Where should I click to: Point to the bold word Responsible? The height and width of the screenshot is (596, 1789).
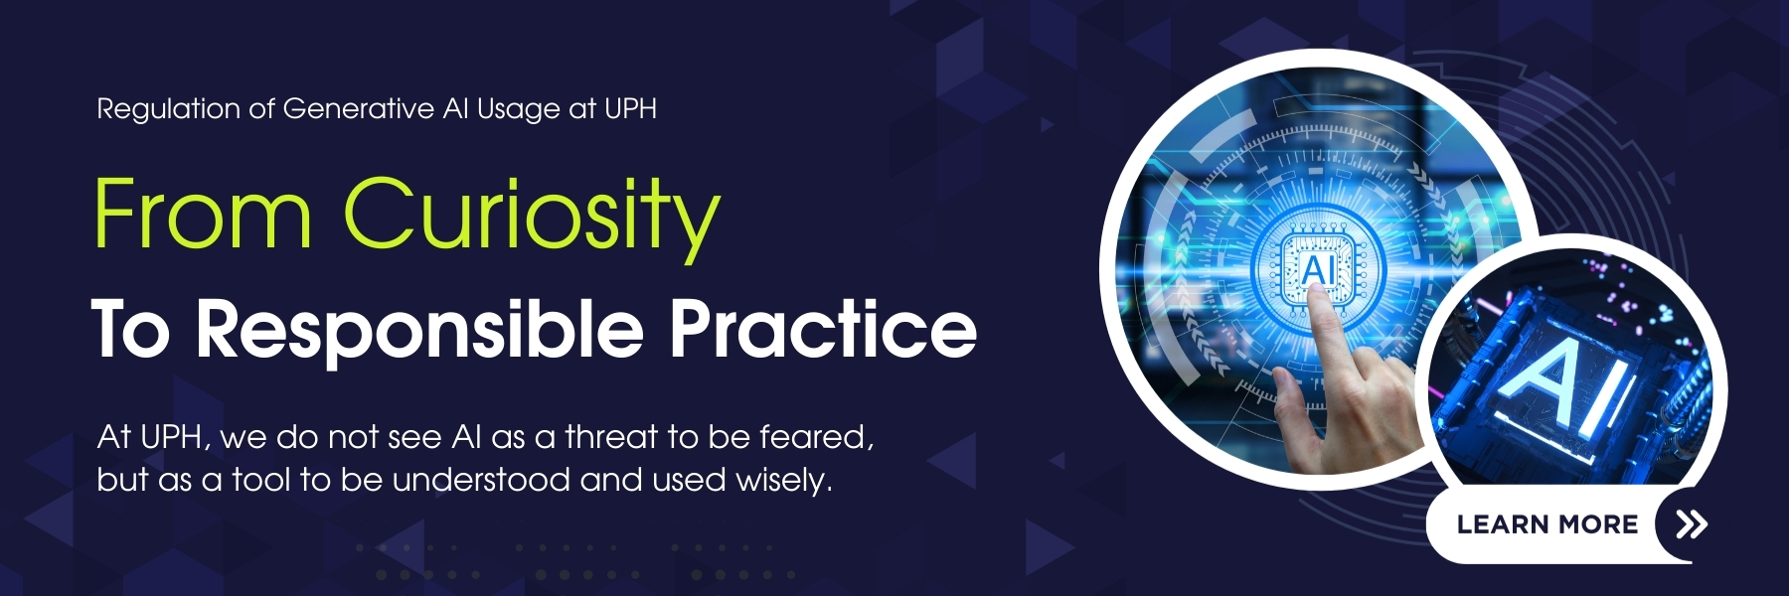pyautogui.click(x=419, y=330)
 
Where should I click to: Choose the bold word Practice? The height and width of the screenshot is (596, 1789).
pyautogui.click(x=823, y=327)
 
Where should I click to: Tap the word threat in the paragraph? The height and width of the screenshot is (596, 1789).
pyautogui.click(x=611, y=437)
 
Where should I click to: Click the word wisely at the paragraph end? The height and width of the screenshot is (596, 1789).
pyautogui.click(x=783, y=481)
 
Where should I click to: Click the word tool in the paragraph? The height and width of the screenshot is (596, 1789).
pyautogui.click(x=261, y=480)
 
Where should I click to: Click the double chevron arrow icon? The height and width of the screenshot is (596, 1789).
pyautogui.click(x=1692, y=523)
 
